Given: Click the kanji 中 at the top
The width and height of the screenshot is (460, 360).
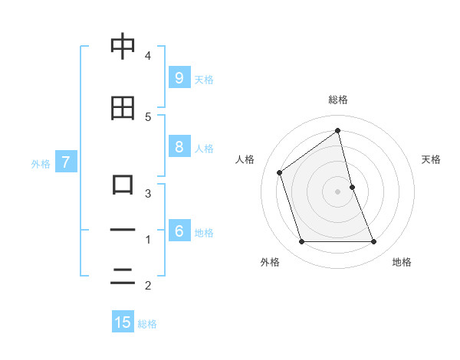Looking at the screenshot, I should click(x=123, y=47).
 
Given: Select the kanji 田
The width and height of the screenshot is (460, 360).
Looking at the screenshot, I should click(x=123, y=109).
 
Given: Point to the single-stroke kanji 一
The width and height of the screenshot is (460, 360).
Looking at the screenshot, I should click(x=123, y=231).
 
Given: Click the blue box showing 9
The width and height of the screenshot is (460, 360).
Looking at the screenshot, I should click(x=179, y=77).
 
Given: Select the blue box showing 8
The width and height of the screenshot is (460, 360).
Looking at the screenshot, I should click(x=179, y=147).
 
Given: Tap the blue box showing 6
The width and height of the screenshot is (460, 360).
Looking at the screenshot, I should click(x=179, y=231).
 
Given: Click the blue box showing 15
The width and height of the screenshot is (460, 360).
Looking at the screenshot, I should click(x=123, y=322).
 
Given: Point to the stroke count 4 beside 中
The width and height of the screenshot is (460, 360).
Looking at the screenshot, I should click(x=148, y=55).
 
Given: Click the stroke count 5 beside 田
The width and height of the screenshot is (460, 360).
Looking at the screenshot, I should click(x=148, y=116).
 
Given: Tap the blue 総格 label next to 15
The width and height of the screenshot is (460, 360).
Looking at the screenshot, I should click(x=147, y=324).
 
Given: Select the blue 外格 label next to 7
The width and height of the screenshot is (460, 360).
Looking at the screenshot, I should click(x=41, y=163).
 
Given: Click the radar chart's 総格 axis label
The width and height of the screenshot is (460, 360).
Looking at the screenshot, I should click(x=338, y=100).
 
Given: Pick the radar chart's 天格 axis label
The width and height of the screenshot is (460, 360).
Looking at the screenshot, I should click(x=432, y=159).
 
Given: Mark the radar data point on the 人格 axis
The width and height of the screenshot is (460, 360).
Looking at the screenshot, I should click(x=280, y=172).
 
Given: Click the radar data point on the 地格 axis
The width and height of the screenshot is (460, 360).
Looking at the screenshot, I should click(x=374, y=242).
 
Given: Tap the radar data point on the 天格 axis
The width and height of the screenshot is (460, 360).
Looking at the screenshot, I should click(x=352, y=187).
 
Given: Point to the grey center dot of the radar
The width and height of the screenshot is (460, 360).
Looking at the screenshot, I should click(x=337, y=191).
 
